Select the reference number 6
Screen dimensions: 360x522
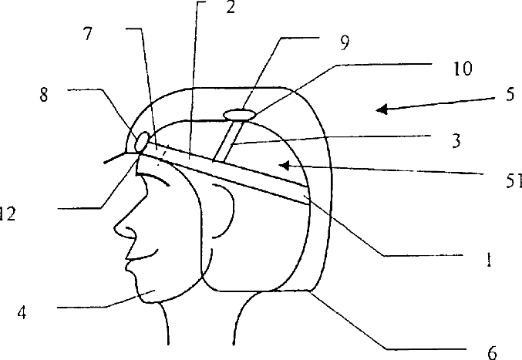(x=492, y=352)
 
